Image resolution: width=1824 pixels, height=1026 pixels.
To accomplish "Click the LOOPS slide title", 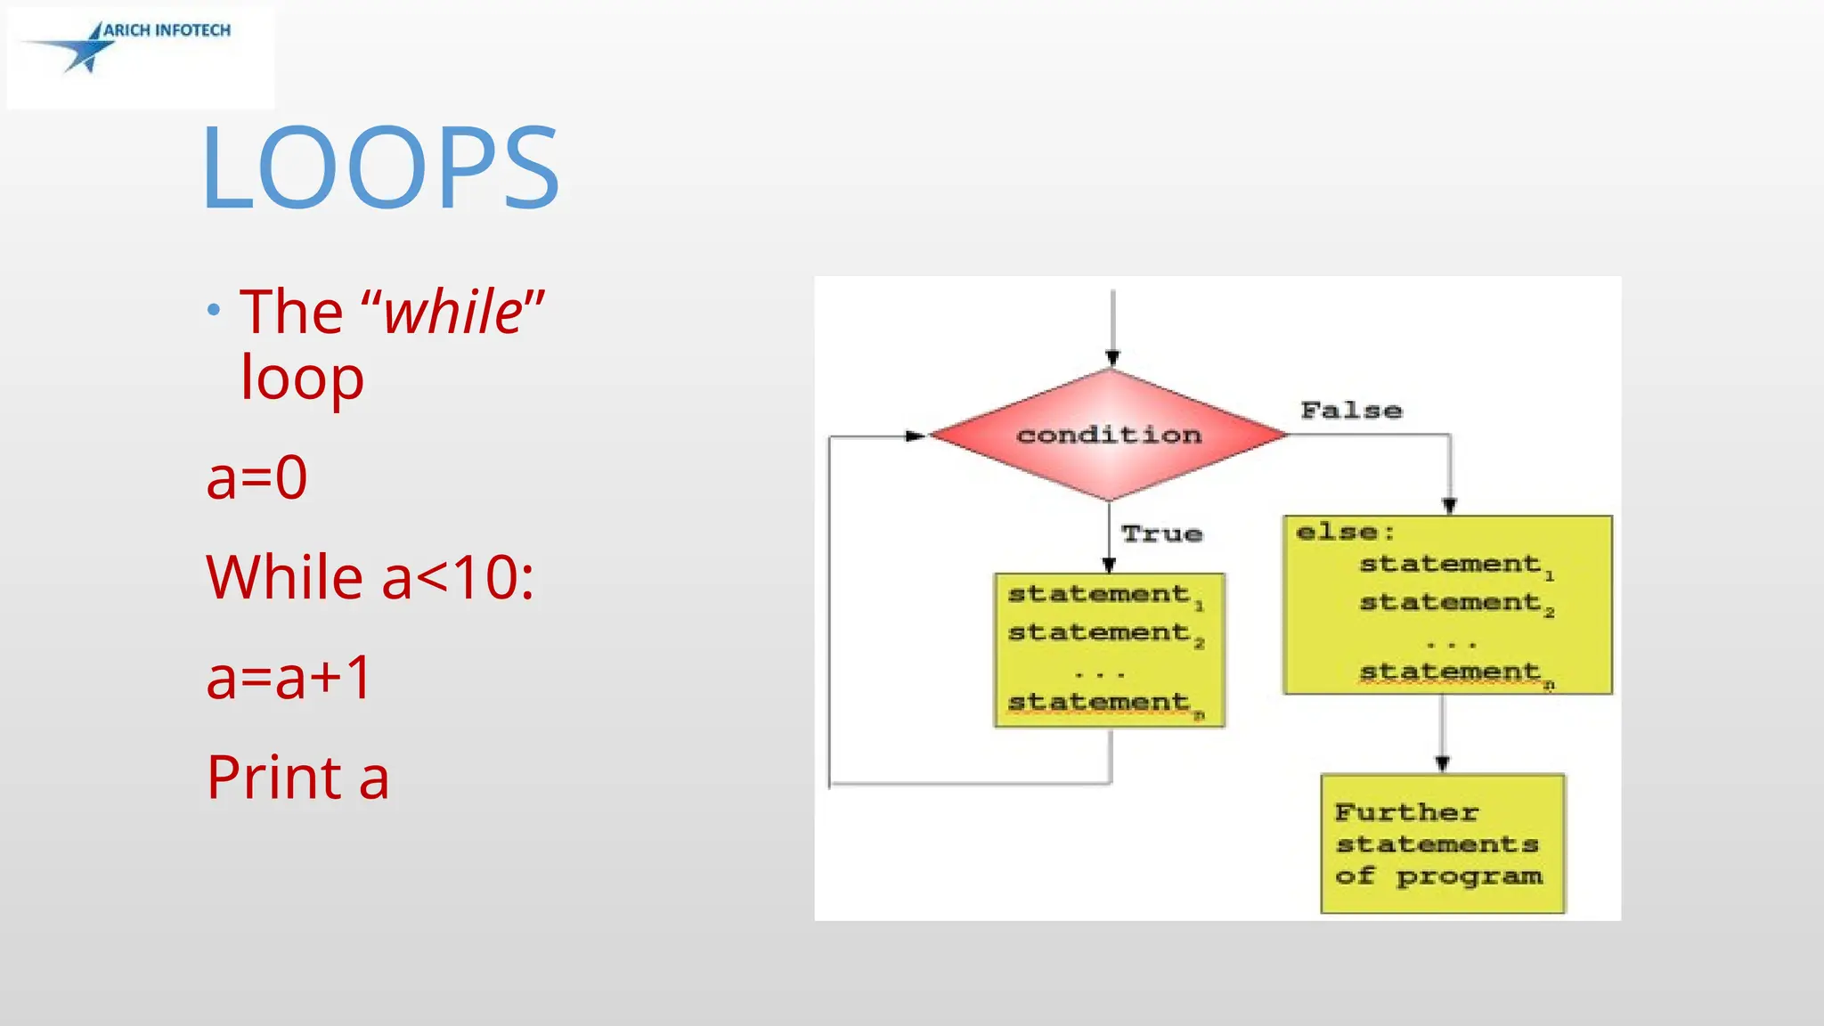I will click(381, 167).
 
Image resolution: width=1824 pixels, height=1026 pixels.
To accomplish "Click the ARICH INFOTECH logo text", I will click(167, 30).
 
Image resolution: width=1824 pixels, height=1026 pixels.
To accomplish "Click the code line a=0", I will click(256, 477).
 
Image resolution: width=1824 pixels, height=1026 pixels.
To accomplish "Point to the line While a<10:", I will click(370, 577).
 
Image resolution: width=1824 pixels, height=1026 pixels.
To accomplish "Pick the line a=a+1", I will click(289, 677).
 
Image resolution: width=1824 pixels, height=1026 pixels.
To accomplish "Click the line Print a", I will click(297, 777).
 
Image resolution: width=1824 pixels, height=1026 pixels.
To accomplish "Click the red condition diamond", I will click(1109, 435).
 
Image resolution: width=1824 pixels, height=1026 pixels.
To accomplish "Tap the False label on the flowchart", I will click(1351, 411).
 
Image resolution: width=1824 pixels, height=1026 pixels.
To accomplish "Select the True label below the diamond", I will click(1161, 533).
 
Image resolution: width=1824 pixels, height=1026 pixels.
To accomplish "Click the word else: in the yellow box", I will click(1345, 533).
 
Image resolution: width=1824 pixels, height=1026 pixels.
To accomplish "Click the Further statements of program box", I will click(1442, 843).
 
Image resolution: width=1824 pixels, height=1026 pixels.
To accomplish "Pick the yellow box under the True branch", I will click(1109, 650).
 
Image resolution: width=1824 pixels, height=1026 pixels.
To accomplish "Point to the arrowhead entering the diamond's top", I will click(1112, 358).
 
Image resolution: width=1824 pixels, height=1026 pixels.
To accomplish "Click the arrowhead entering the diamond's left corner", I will click(915, 436).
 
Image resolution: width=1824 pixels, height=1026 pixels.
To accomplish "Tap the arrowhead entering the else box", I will click(1449, 506).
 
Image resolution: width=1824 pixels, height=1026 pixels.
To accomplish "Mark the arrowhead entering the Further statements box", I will click(1442, 763).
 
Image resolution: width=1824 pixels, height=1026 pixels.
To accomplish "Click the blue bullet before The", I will click(213, 311).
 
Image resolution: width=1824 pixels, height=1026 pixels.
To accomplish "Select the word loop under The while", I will click(302, 378).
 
